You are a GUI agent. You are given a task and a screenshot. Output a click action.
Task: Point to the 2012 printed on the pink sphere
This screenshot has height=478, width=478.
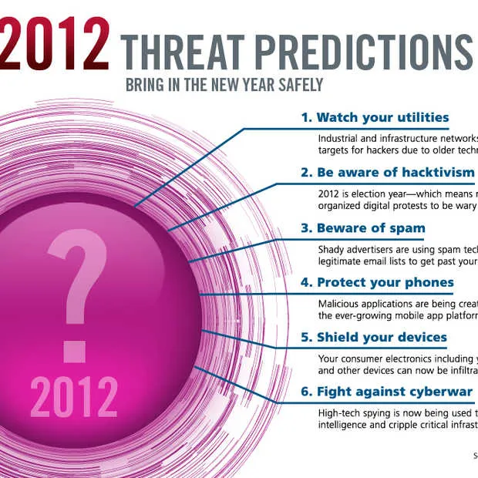[x=74, y=396]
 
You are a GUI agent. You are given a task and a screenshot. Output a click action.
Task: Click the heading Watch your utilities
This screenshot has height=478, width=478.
[x=375, y=118]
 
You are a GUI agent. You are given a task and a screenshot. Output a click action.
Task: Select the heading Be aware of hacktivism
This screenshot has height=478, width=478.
[x=388, y=173]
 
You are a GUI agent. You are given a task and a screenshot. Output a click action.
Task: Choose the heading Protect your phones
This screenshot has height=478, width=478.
[x=377, y=283]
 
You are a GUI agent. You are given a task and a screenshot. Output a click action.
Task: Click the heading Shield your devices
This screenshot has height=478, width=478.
[x=373, y=338]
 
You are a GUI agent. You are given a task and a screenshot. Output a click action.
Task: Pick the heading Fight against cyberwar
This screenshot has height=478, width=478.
[x=387, y=392]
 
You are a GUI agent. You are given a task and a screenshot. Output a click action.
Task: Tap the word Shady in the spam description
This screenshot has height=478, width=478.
[x=333, y=249]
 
